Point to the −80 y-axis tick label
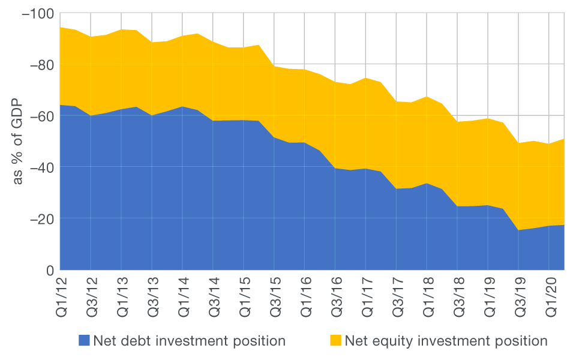click(39, 64)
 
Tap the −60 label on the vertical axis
click(39, 115)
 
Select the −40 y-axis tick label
click(39, 167)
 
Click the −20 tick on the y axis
click(39, 218)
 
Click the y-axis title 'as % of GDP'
click(17, 142)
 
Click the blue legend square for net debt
click(83, 341)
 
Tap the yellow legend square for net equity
click(335, 341)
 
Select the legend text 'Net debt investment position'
click(189, 341)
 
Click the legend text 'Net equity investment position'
click(446, 341)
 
